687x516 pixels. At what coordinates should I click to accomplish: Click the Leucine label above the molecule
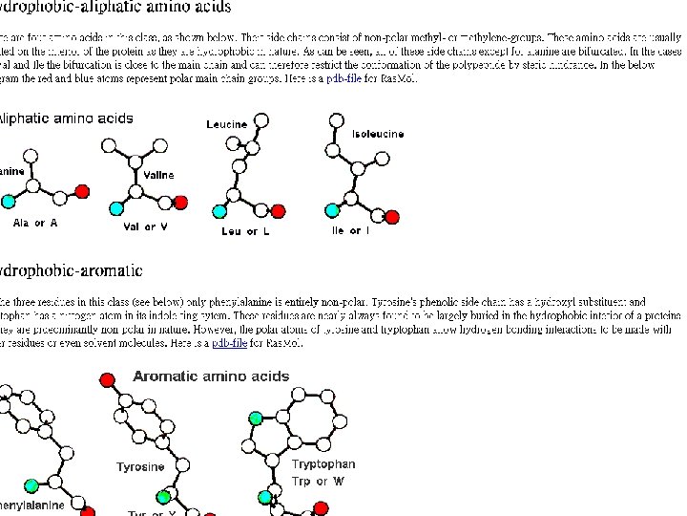click(x=226, y=125)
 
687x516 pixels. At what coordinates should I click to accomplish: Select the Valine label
click(x=159, y=176)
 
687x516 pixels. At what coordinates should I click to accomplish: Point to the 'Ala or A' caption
click(x=35, y=224)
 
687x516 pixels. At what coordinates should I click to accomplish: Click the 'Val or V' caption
click(x=145, y=227)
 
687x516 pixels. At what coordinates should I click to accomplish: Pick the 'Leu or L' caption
click(x=245, y=231)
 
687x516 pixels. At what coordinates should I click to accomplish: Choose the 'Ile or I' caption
click(x=350, y=231)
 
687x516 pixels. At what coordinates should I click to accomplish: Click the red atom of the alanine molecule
click(x=83, y=192)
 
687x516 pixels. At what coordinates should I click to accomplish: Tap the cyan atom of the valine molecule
click(x=116, y=209)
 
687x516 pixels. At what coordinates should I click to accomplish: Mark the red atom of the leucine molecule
click(x=278, y=211)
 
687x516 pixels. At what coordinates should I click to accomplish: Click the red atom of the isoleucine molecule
click(x=392, y=217)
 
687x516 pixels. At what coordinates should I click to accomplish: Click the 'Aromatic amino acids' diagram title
click(x=211, y=376)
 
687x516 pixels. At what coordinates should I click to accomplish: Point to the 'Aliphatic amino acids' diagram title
click(x=67, y=119)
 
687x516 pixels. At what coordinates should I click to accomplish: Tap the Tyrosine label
click(x=140, y=467)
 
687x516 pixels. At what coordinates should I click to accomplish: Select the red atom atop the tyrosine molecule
click(x=107, y=380)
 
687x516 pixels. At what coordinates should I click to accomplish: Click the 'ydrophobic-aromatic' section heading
click(x=72, y=271)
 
